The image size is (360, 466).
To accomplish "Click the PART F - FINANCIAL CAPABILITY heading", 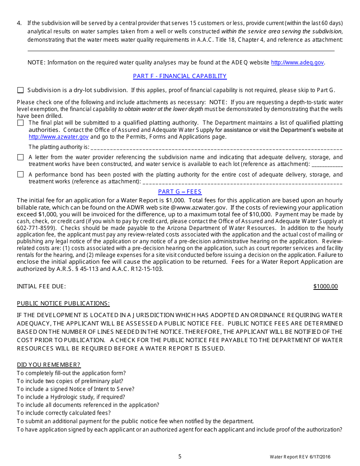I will [x=180, y=76].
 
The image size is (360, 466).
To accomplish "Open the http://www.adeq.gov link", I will [x=297, y=63].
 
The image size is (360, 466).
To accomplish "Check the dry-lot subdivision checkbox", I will [x=20, y=90].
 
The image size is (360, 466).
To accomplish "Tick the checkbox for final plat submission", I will [x=20, y=123].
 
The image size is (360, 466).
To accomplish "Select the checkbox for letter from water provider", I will [x=20, y=157].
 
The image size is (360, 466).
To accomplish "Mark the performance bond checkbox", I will [x=20, y=175].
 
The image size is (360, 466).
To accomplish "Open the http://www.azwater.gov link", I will [x=59, y=137].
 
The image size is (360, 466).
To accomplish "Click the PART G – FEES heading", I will [x=180, y=192].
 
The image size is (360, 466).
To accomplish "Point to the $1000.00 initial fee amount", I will [x=326, y=286].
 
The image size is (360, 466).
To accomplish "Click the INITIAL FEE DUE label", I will [x=41, y=286].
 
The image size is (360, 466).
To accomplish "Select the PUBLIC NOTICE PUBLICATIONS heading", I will [x=63, y=303].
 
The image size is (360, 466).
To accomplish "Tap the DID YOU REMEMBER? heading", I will [x=49, y=365].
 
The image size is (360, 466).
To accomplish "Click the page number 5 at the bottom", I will [x=180, y=457].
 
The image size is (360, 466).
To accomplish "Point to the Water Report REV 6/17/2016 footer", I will [x=300, y=457].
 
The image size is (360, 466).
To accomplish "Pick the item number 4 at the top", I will [x=19, y=23].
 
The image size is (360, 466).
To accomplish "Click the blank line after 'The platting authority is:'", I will [x=216, y=147].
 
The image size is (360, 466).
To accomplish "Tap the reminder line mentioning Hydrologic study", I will [x=71, y=397].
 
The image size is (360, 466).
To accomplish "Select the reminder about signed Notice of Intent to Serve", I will [x=75, y=389].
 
